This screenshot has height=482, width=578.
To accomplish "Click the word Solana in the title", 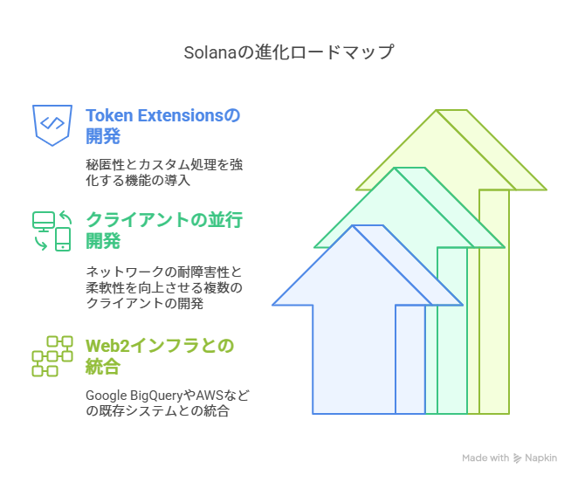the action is pyautogui.click(x=210, y=52).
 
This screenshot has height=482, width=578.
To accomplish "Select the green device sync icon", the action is pyautogui.click(x=52, y=231).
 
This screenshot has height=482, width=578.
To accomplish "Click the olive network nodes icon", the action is pyautogui.click(x=52, y=356).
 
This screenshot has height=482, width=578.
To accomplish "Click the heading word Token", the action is pyautogui.click(x=109, y=115).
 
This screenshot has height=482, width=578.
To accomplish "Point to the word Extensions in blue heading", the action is pyautogui.click(x=180, y=115).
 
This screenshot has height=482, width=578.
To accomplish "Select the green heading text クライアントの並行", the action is pyautogui.click(x=164, y=220).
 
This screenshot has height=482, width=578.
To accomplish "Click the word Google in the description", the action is pyautogui.click(x=107, y=396).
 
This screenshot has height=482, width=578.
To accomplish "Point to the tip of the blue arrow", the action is pyautogui.click(x=353, y=225).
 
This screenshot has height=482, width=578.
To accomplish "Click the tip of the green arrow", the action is pyautogui.click(x=395, y=168).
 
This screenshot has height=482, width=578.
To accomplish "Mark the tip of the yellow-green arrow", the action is pyautogui.click(x=437, y=110).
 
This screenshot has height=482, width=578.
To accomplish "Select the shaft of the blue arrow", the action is pyautogui.click(x=354, y=360).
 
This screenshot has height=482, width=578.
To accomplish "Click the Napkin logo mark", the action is pyautogui.click(x=518, y=458).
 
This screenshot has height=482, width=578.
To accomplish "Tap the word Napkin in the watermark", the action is pyautogui.click(x=540, y=458).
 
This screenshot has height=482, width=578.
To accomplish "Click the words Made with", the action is pyautogui.click(x=485, y=458).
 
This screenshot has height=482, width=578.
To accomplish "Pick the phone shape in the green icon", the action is pyautogui.click(x=63, y=239).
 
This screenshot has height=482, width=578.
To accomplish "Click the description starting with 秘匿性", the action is pyautogui.click(x=164, y=172).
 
